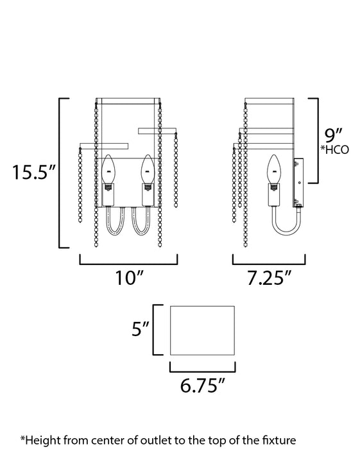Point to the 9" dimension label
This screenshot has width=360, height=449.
pos(332,136)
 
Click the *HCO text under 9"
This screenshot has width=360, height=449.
pos(335,151)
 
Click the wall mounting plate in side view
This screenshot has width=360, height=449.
pos(298,183)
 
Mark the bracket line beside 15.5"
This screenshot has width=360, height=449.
pos(60,173)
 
